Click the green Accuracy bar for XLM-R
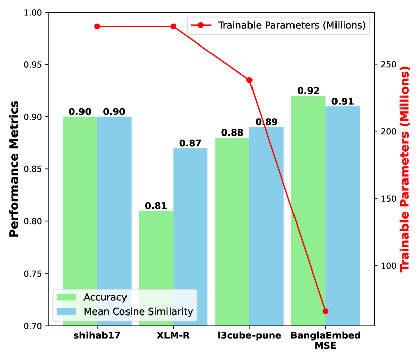156,268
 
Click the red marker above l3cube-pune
249,80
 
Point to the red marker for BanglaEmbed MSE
325,311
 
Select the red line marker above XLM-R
173,26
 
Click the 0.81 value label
156,206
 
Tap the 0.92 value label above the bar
308,91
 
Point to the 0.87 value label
190,143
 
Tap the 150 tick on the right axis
388,199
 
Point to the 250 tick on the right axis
388,65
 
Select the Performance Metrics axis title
14,169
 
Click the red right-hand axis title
406,170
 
